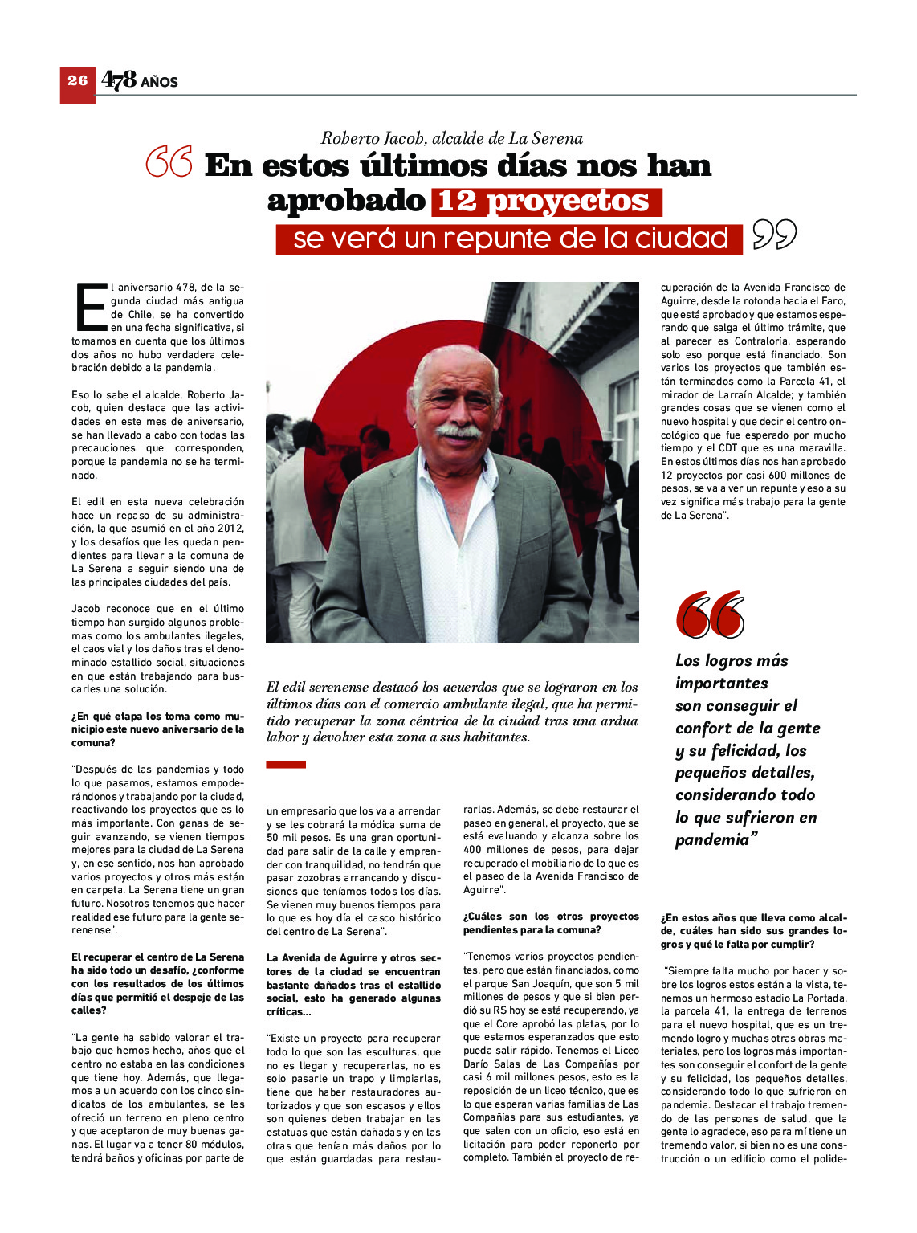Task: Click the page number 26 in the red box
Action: coord(77,80)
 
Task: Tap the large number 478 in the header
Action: coord(118,80)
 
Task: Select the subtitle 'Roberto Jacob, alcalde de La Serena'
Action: coord(451,138)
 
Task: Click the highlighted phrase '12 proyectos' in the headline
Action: coord(546,201)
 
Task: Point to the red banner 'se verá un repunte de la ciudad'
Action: coord(509,239)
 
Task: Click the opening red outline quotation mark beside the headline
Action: coord(169,162)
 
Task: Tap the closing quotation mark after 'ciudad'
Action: coord(774,235)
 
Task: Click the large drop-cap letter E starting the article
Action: coord(90,307)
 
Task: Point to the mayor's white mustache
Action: coord(458,431)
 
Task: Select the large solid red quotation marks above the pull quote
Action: coord(710,615)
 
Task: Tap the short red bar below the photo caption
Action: coord(286,765)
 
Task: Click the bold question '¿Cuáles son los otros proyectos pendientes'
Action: coord(551,923)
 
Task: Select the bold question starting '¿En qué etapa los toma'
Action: coord(157,729)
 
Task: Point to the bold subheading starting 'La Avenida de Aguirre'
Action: coord(353,984)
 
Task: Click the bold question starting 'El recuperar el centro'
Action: coord(157,983)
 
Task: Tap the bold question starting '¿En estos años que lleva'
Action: coord(753,930)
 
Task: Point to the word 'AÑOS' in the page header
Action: coord(159,82)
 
